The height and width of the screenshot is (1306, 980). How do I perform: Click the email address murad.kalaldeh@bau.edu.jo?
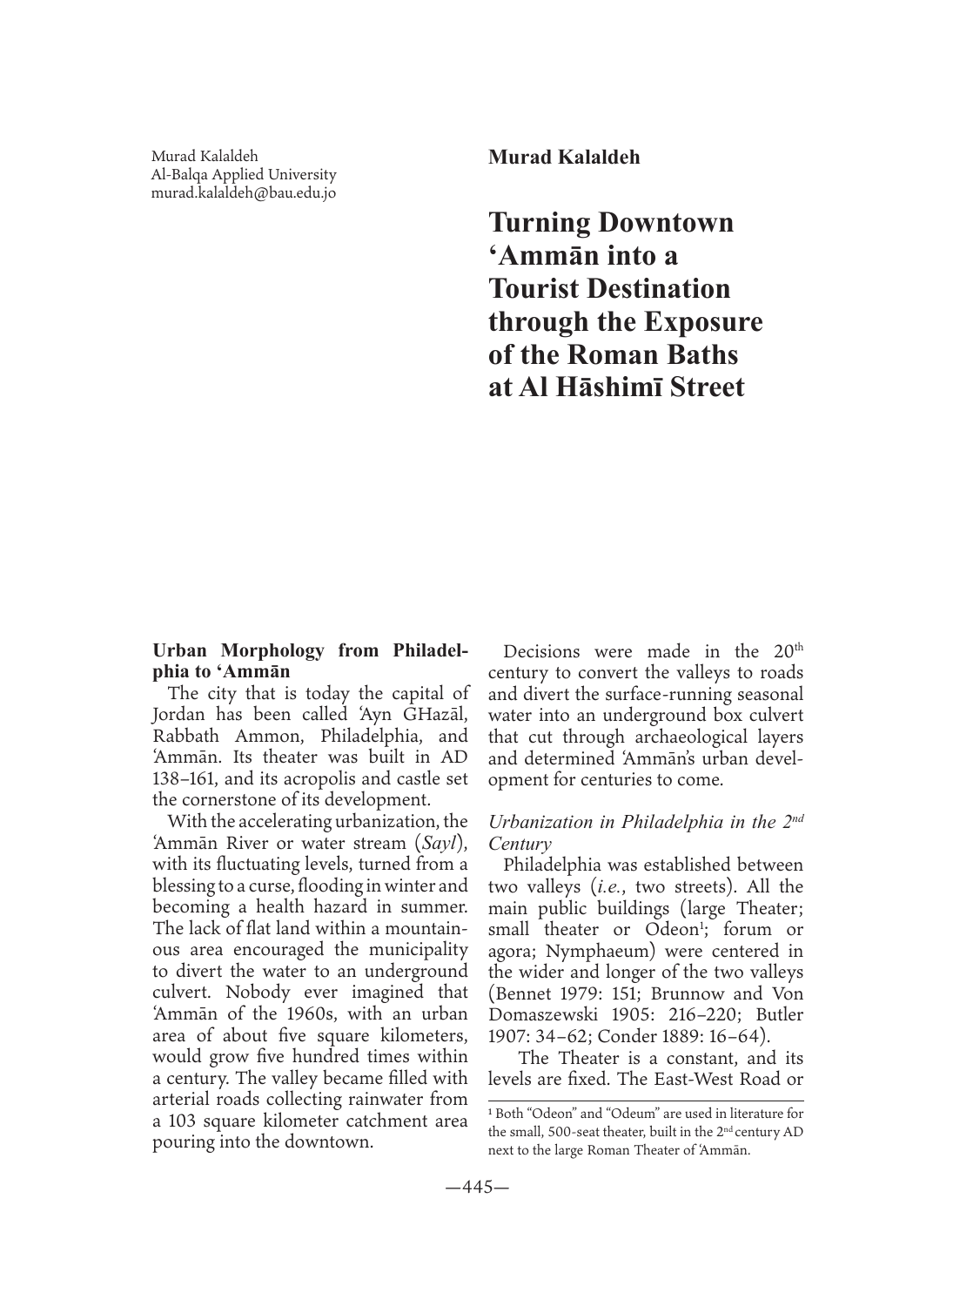tap(244, 192)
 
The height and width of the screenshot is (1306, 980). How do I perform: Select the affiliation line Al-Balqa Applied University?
tap(244, 174)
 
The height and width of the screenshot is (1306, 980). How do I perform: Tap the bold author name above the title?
tap(564, 158)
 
